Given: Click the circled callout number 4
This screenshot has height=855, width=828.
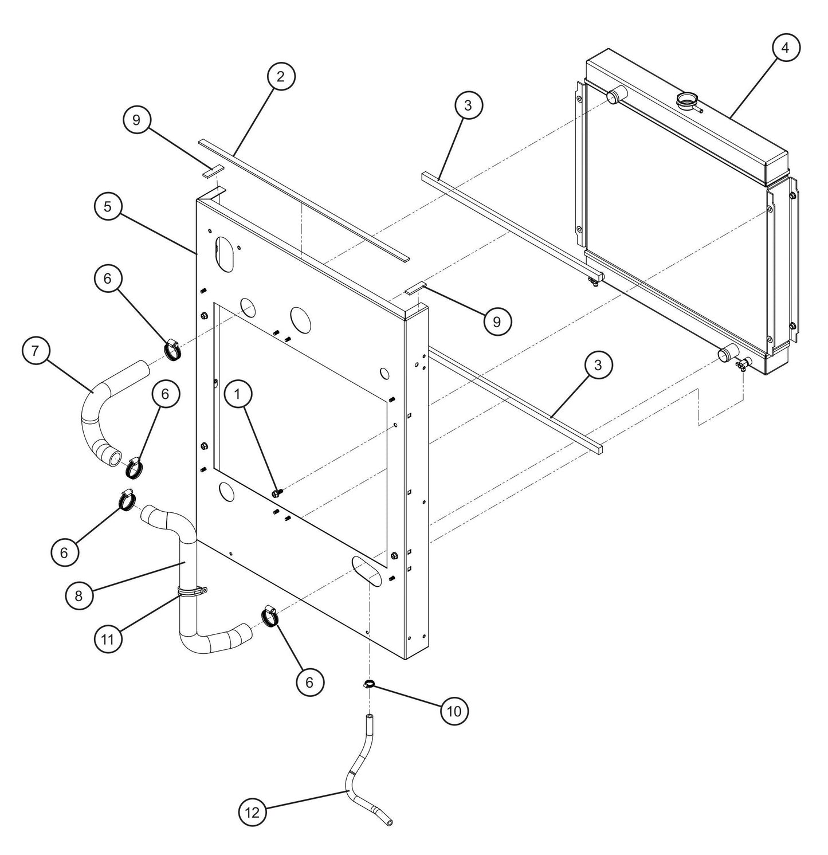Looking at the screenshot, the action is (786, 49).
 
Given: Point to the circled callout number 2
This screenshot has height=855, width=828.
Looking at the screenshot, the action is (280, 76).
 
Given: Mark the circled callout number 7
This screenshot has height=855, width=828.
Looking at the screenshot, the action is (36, 351).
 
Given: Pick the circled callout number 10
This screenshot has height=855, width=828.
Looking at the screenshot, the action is (454, 711).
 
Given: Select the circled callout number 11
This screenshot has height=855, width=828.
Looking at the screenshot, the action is (108, 638).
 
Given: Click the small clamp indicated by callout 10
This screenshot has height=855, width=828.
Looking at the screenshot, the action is (369, 684).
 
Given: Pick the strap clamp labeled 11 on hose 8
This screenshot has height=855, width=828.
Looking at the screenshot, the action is (191, 592).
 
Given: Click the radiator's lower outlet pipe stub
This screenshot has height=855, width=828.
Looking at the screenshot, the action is (727, 354).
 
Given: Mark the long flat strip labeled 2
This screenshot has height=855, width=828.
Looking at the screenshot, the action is (304, 200).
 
